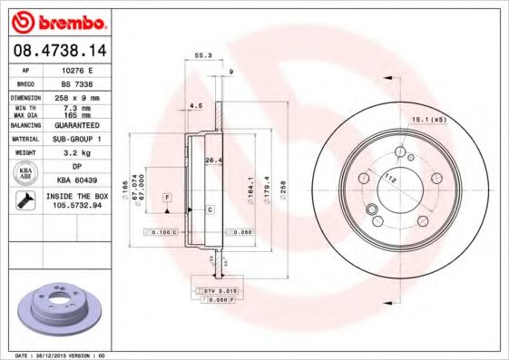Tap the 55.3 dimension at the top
pos(203,56)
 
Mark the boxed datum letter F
pos(167,197)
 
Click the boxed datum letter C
pos(210,209)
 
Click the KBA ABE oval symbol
pos(25,174)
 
